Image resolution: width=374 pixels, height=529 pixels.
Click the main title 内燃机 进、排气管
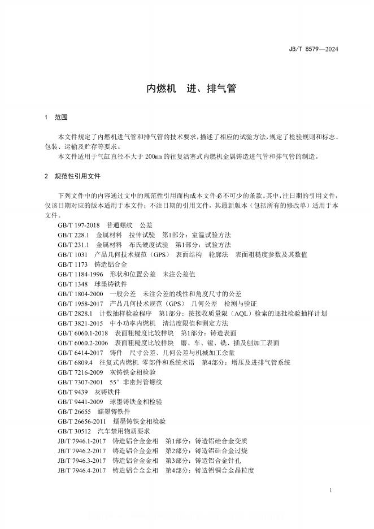pyautogui.click(x=186, y=89)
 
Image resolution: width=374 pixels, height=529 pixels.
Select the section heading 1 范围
pyautogui.click(x=55, y=118)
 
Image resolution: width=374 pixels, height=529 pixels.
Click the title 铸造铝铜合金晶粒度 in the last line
pyautogui.click(x=224, y=470)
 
